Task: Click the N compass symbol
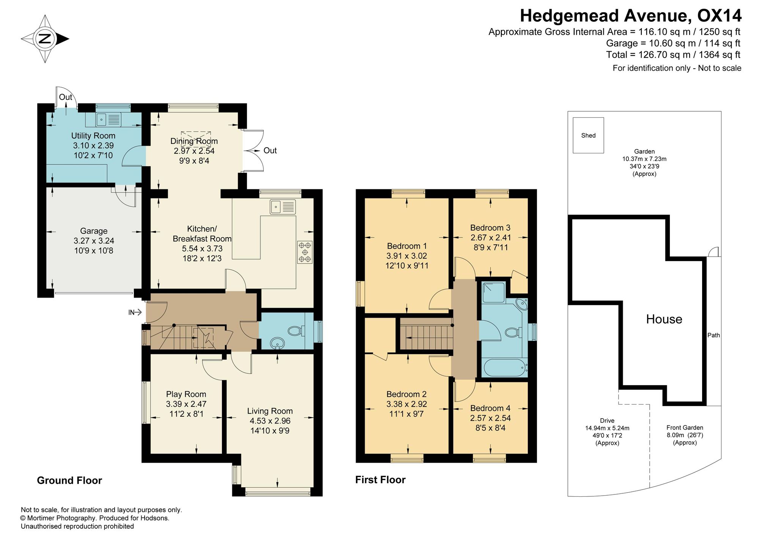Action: click(x=45, y=39)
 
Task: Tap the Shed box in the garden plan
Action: click(x=588, y=135)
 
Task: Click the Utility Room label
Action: click(x=93, y=135)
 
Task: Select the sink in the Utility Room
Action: click(x=109, y=120)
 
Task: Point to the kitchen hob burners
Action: click(x=305, y=252)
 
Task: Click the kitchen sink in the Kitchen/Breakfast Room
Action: click(x=283, y=207)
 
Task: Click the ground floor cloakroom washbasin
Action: click(x=278, y=343)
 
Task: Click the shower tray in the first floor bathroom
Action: click(x=494, y=292)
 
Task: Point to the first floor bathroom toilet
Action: click(x=514, y=333)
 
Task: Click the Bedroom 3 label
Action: click(x=490, y=228)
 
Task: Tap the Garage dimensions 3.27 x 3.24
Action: click(x=94, y=241)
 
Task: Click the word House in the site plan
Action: click(x=664, y=319)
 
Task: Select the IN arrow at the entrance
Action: click(x=135, y=312)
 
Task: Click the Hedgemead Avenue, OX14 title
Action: click(x=630, y=16)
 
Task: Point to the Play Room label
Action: click(x=186, y=394)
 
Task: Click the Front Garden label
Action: click(x=685, y=427)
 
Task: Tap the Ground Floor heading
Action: click(x=69, y=480)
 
